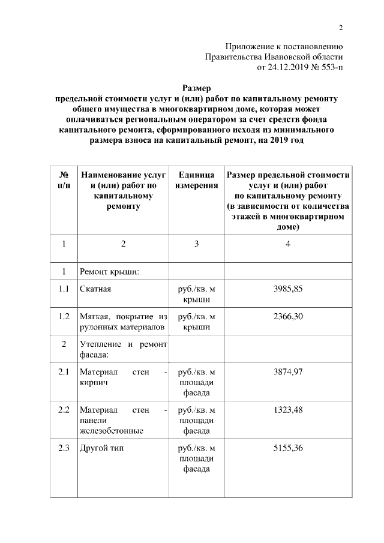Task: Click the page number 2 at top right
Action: click(x=341, y=28)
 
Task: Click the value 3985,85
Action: click(x=288, y=289)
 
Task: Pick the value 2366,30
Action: click(x=288, y=316)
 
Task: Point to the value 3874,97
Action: click(x=288, y=372)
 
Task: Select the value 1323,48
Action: click(x=288, y=410)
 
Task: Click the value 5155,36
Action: click(x=288, y=448)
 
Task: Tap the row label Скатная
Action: click(x=95, y=289)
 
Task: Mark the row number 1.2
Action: click(x=64, y=316)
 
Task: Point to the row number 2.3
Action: click(x=64, y=448)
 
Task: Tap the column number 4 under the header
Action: click(x=288, y=244)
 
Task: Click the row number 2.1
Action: click(x=64, y=372)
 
